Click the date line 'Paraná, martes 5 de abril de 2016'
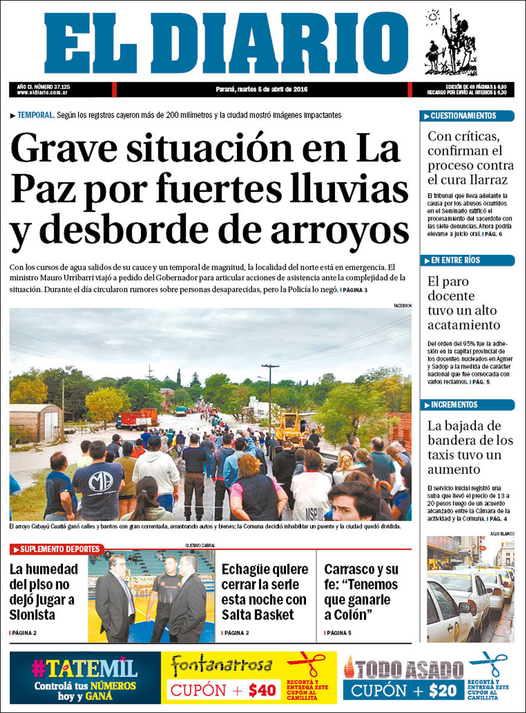(x=262, y=90)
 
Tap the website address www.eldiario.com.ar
(x=42, y=93)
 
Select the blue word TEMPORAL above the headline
(x=36, y=115)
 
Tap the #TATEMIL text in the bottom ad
(x=85, y=668)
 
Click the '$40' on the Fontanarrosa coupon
(x=262, y=689)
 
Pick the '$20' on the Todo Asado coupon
(x=444, y=690)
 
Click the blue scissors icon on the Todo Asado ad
(x=489, y=663)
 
